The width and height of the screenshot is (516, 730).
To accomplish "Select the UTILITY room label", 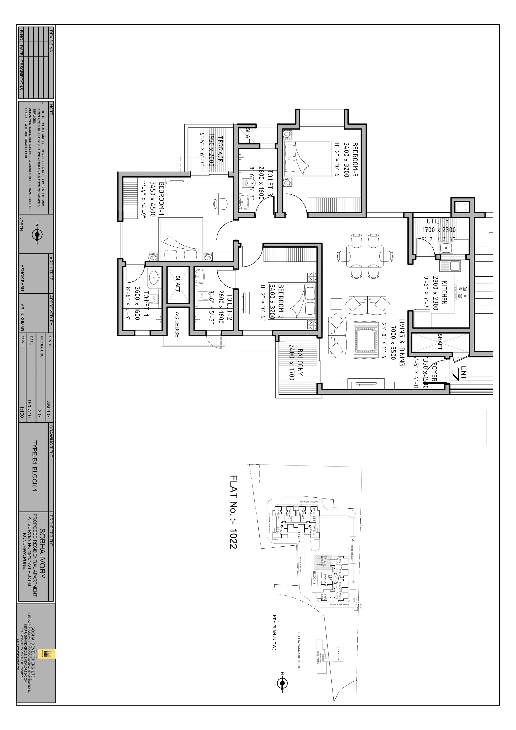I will (438, 221).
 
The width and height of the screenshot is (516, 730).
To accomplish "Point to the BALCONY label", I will (300, 362).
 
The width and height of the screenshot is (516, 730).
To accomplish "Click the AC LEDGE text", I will (177, 325).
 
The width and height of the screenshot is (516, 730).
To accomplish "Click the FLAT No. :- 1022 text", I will (233, 512).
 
